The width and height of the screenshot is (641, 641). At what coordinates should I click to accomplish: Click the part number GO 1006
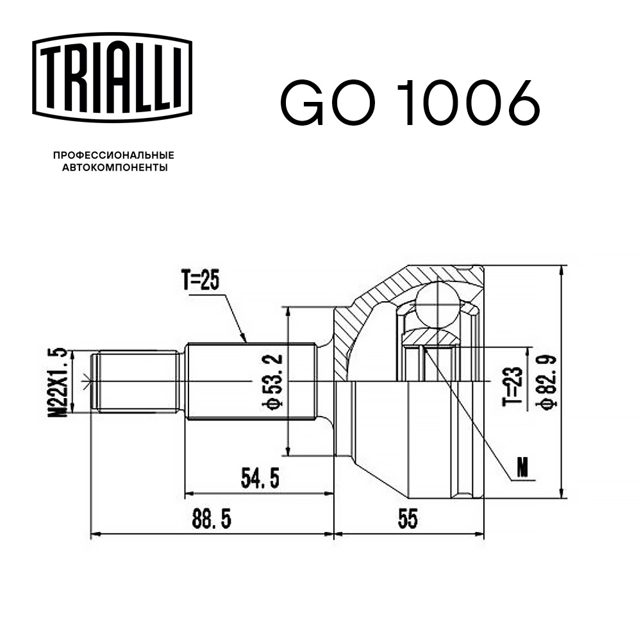click(410, 103)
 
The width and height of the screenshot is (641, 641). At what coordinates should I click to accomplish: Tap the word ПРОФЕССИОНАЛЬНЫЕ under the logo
click(113, 155)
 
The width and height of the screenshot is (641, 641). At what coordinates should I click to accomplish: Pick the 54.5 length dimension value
click(260, 478)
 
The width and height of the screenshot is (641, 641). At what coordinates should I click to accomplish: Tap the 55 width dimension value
click(408, 519)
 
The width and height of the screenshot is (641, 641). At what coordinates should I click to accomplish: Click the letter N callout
click(524, 470)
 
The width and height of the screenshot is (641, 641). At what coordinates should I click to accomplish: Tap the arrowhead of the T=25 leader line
click(245, 340)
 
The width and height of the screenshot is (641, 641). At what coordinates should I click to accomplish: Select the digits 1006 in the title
click(469, 103)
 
